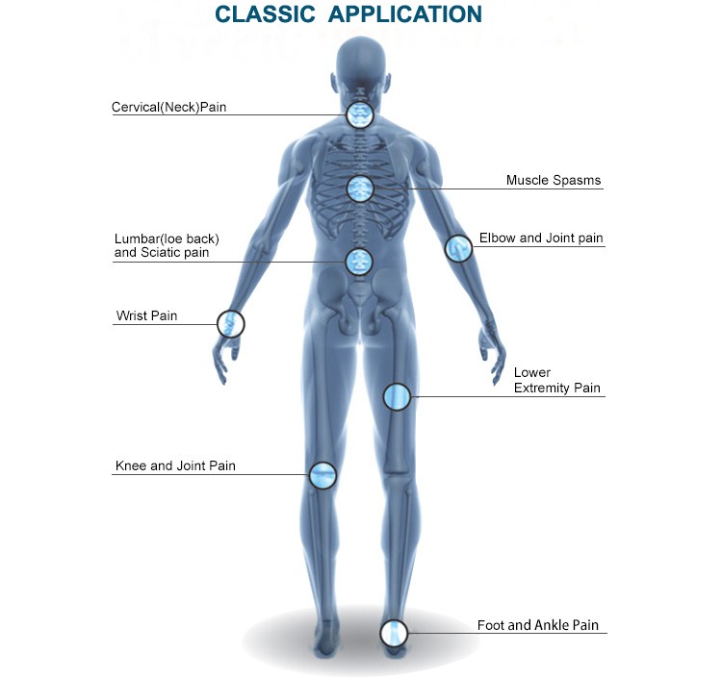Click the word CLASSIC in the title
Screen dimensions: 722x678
[266, 13]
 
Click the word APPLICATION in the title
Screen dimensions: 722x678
[405, 13]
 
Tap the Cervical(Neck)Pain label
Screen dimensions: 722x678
[169, 107]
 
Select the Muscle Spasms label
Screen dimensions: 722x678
[554, 180]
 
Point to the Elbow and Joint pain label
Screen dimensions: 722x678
[541, 238]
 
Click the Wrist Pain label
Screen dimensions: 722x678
[147, 315]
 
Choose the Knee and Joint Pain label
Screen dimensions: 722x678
[175, 465]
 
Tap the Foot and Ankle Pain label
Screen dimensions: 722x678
[538, 625]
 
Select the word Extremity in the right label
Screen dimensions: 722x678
[535, 388]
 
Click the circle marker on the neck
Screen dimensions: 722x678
[360, 114]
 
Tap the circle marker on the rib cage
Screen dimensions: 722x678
[361, 188]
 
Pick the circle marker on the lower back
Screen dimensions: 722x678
[359, 263]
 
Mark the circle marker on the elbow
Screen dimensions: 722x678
[458, 248]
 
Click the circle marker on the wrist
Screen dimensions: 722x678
[231, 324]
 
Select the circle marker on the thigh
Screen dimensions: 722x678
[397, 396]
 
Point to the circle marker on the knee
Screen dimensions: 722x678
[322, 475]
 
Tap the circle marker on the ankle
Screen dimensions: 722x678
[394, 633]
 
